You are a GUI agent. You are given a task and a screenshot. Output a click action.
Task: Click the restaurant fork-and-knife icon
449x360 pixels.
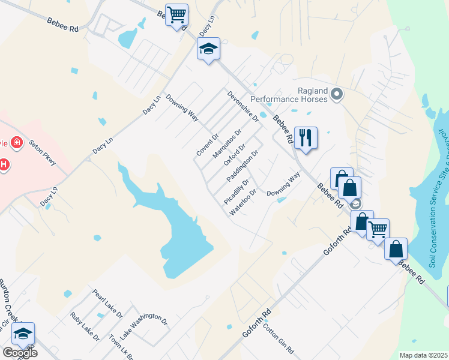pyautogui.click(x=306, y=138)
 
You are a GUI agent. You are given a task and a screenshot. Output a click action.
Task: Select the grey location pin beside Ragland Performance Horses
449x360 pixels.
pyautogui.click(x=337, y=94)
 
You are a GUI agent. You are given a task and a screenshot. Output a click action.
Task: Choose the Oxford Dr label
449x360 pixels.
pyautogui.click(x=235, y=155)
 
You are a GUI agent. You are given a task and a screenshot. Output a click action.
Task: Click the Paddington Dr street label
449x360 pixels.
pyautogui.click(x=243, y=167)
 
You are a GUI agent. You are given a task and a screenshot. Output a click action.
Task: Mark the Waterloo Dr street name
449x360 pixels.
pyautogui.click(x=243, y=202)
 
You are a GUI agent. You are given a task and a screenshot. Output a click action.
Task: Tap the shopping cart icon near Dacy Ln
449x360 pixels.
pyautogui.click(x=176, y=15)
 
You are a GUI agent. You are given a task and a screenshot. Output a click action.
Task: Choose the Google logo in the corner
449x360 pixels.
pyautogui.click(x=19, y=353)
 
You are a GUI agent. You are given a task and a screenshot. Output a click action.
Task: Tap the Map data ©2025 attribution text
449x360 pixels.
pyautogui.click(x=423, y=355)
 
